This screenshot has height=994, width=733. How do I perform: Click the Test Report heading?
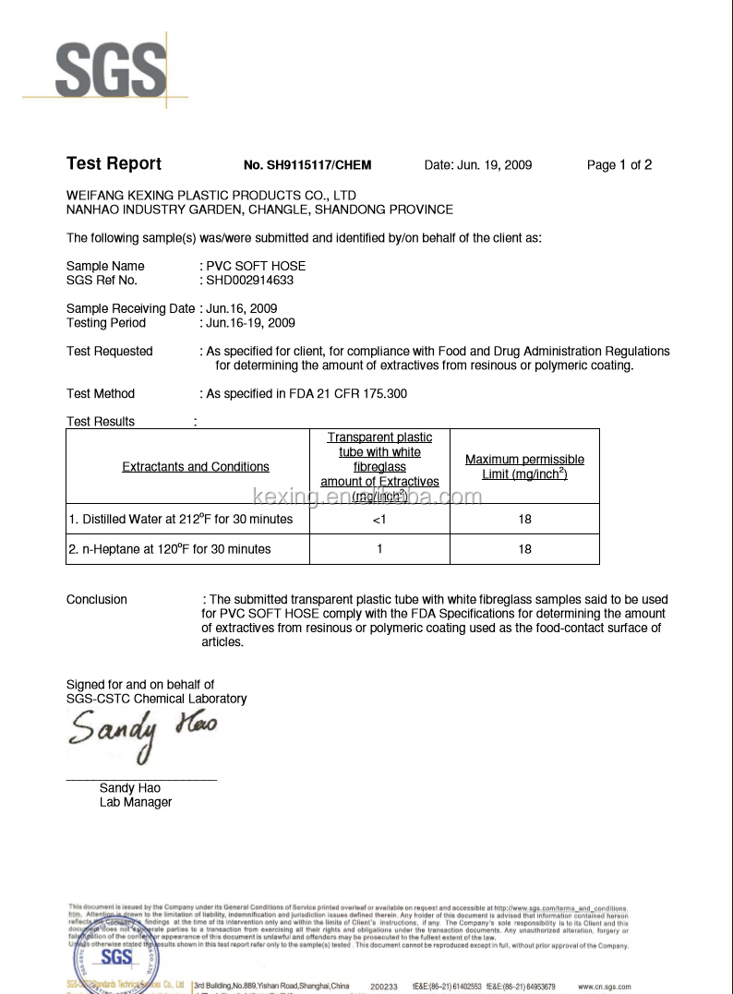(114, 164)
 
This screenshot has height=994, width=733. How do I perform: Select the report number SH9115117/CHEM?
(307, 165)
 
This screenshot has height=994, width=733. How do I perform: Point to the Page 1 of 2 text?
(619, 165)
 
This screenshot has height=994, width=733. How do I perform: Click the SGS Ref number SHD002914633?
(250, 281)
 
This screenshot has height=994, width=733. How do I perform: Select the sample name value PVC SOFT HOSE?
(256, 266)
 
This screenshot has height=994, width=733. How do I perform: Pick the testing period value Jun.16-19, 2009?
(250, 323)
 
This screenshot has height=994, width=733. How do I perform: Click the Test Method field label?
(101, 394)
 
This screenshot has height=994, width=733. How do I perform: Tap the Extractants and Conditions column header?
(196, 467)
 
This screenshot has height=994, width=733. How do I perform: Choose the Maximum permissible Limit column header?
(524, 467)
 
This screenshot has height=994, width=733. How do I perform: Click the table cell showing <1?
(379, 520)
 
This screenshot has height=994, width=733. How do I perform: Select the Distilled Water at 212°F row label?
(181, 520)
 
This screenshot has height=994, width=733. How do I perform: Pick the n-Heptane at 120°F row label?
(170, 549)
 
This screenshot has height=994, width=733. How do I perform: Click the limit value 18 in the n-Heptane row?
(524, 549)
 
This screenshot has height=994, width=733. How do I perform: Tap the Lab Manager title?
(136, 803)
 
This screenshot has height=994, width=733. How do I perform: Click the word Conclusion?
(97, 600)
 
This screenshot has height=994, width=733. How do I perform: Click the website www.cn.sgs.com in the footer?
(606, 987)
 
